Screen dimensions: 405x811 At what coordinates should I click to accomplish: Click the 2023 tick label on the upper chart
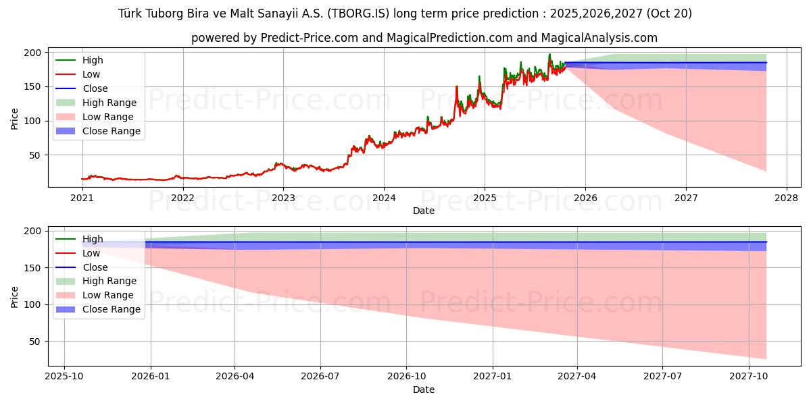tap(283, 198)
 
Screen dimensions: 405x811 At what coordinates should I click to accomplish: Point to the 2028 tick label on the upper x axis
tap(787, 198)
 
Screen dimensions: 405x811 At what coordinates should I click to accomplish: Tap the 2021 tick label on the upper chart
tap(82, 198)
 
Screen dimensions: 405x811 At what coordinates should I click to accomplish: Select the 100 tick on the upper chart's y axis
tap(34, 121)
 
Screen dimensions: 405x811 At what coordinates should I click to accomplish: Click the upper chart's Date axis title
tap(424, 211)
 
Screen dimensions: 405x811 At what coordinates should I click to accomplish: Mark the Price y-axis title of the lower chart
tap(15, 297)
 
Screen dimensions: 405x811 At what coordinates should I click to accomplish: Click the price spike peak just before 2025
tap(479, 76)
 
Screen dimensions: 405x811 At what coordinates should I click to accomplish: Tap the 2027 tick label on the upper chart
tap(686, 198)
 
